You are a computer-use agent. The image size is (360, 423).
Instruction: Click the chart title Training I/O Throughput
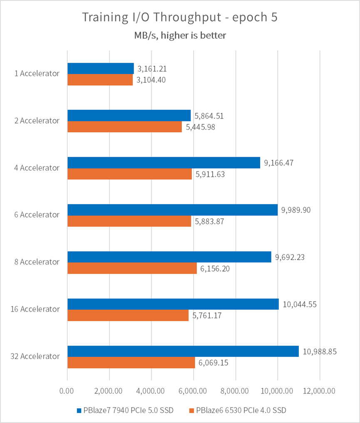[179, 17]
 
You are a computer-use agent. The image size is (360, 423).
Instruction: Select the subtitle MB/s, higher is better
[180, 35]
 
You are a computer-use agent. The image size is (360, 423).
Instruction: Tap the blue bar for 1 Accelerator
[100, 68]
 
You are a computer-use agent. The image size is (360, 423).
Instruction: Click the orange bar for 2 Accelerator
[124, 127]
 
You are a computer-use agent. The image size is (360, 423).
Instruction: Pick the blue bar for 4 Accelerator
[164, 162]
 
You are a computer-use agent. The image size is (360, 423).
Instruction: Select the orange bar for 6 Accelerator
[129, 221]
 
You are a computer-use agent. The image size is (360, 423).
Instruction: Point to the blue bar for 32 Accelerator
[183, 351]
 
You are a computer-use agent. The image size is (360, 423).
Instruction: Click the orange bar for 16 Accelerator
[128, 315]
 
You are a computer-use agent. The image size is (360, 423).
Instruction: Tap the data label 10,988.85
[320, 351]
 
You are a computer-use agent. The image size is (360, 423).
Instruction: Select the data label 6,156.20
[215, 269]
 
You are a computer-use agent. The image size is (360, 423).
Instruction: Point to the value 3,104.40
[151, 80]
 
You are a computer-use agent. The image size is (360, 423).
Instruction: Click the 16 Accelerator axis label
[35, 309]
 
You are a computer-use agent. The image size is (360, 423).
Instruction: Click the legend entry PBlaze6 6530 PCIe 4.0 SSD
[240, 411]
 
